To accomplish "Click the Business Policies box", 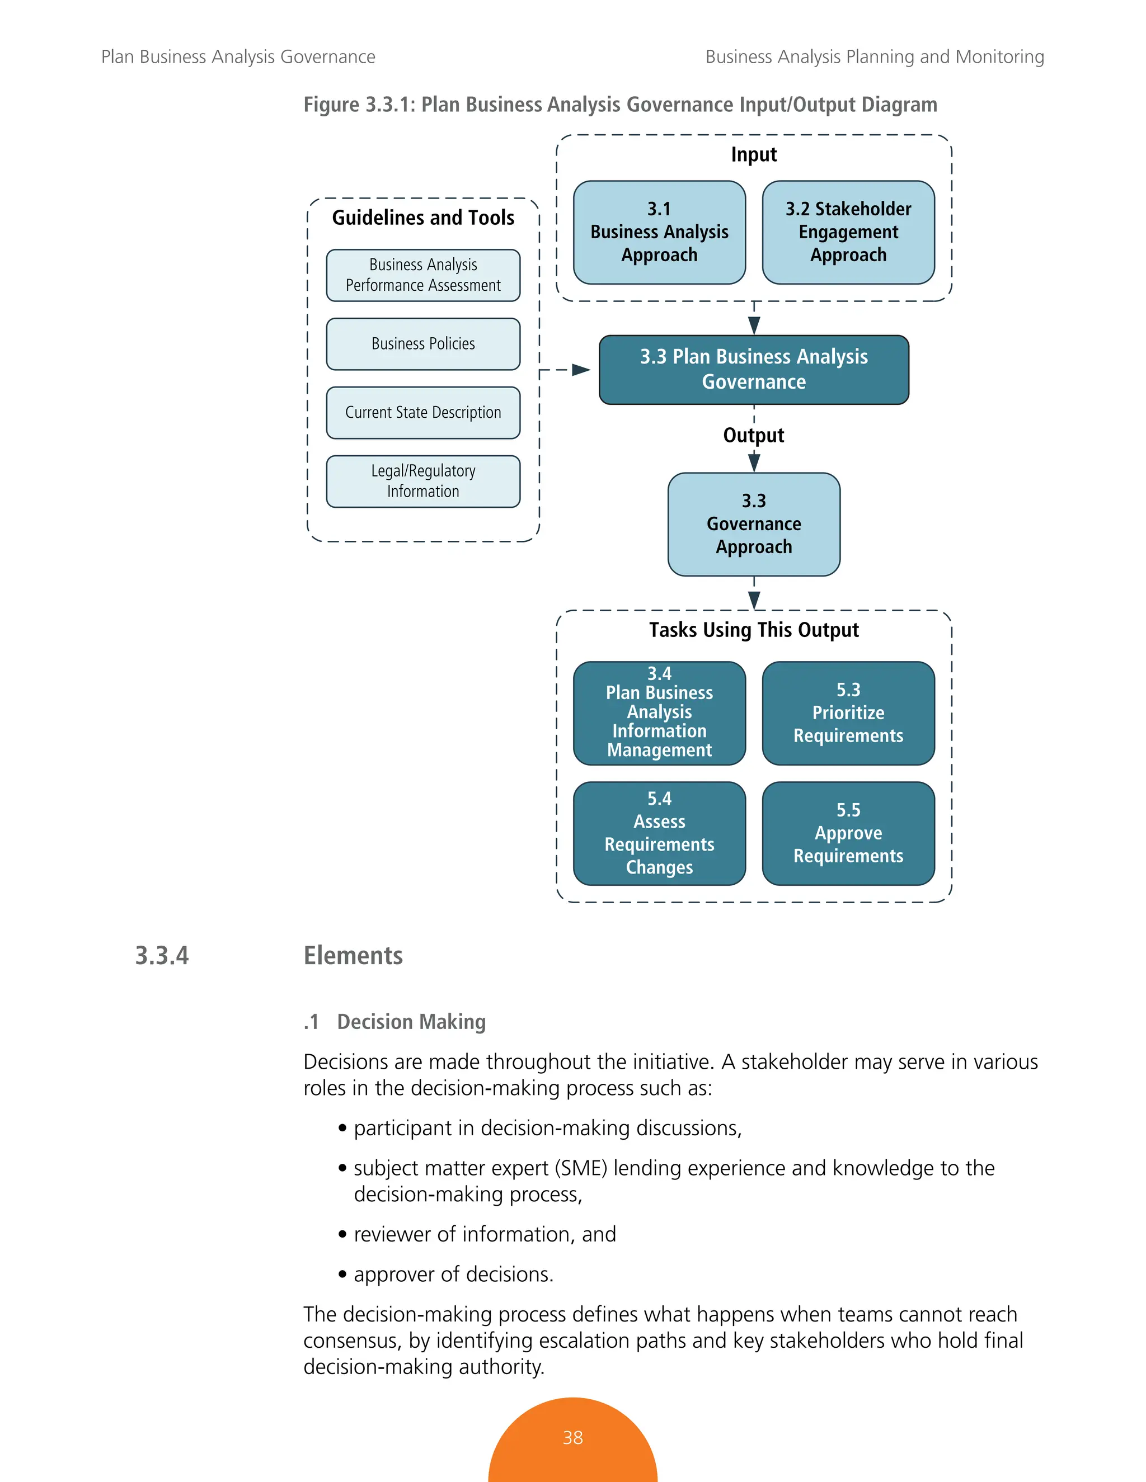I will point(423,344).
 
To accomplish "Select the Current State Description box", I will point(423,413).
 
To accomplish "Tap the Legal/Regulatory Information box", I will point(423,481).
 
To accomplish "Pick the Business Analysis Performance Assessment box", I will point(423,275).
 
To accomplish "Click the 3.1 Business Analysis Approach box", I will point(659,232).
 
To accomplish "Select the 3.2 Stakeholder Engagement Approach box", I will point(848,232).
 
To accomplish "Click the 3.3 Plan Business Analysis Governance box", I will point(754,370).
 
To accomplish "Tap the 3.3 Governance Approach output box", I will point(754,524).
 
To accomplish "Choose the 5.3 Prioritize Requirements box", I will point(848,713).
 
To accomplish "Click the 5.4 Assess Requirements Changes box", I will point(659,833).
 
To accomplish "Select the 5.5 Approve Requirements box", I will point(848,833).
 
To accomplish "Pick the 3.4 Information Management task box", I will point(659,713).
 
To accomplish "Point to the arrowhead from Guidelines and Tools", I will point(581,370).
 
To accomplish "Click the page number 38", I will point(572,1437).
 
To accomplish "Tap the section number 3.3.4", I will point(162,955).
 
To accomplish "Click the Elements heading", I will point(353,955).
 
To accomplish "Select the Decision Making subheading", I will point(411,1021).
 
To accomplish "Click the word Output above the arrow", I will point(754,435).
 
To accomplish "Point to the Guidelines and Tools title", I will point(423,218).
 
